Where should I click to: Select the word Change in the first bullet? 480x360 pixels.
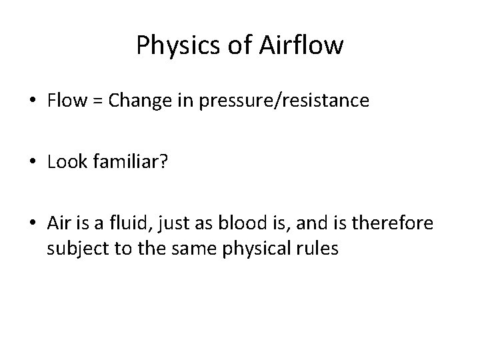(131, 101)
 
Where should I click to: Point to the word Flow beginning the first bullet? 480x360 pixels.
(65, 101)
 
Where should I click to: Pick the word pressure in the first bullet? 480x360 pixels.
(216, 102)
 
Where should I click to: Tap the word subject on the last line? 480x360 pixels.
(74, 249)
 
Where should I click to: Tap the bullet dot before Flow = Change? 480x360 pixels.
(33, 101)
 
